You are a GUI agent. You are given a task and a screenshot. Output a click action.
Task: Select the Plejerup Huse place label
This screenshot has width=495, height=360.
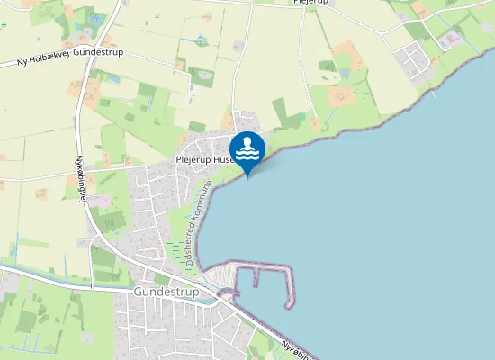204,159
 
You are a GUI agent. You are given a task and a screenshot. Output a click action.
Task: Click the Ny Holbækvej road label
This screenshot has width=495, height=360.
45,60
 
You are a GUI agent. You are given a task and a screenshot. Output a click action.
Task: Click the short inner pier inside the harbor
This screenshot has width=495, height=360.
256,278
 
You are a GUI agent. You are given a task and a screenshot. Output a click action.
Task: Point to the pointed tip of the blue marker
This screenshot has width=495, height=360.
247,176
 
